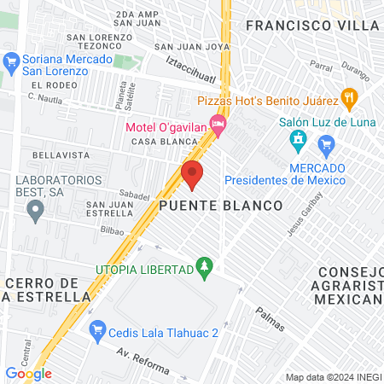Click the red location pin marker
192,175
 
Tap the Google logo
28,374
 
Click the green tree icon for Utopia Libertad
203,269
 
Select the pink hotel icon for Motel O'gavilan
219,126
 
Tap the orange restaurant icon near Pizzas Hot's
347,96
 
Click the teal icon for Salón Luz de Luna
298,138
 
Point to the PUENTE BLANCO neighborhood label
220,207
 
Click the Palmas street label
268,320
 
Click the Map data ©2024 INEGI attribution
333,377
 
